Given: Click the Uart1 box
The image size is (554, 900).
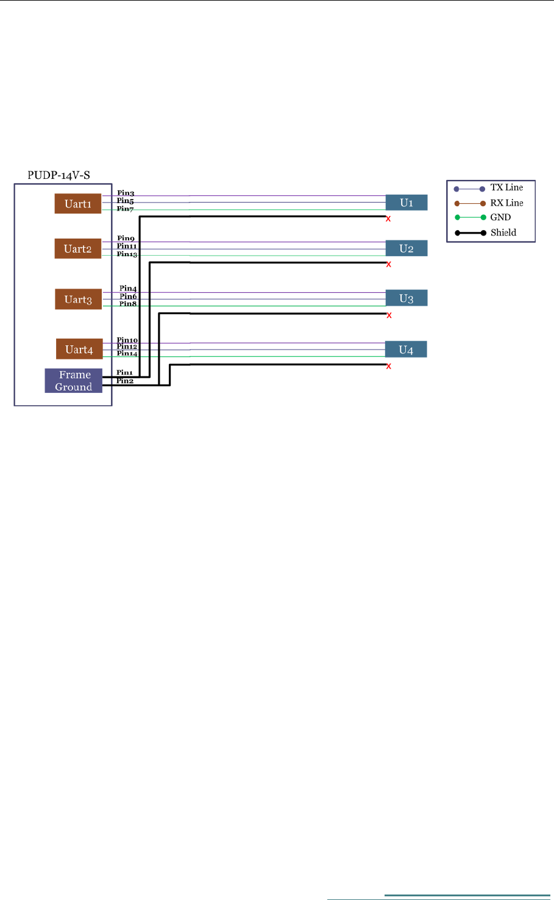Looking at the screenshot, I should click(x=78, y=204).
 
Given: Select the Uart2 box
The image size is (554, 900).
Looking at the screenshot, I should click(x=78, y=249).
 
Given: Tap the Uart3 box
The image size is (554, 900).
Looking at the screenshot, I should click(x=78, y=300).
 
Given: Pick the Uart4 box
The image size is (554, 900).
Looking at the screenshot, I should click(x=79, y=350).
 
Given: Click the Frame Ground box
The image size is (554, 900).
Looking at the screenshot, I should click(x=74, y=381).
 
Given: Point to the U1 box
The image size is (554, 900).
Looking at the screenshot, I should click(x=407, y=203).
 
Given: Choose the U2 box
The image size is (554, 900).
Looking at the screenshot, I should click(x=407, y=248).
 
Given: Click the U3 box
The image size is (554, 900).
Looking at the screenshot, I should click(x=407, y=298).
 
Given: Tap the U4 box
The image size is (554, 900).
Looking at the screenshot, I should click(x=406, y=350).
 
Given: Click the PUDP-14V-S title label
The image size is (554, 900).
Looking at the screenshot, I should click(x=59, y=175).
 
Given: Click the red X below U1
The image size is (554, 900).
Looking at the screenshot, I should click(x=388, y=219).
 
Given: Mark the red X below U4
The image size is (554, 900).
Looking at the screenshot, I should click(x=388, y=366).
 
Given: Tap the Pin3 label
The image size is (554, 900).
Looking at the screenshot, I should click(x=126, y=193).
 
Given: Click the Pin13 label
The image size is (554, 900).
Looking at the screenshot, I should click(x=127, y=254).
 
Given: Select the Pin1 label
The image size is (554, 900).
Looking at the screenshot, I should click(x=124, y=372).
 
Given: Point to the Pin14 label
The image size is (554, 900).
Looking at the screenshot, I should click(x=127, y=353).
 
